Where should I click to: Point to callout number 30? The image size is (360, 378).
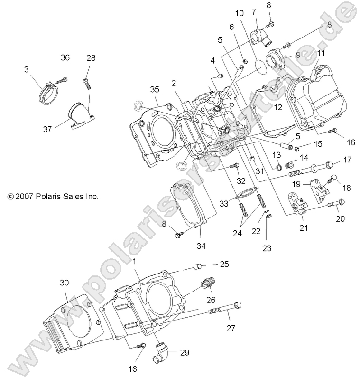(64, 283)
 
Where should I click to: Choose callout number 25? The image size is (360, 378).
(224, 264)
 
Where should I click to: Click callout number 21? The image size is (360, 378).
(304, 227)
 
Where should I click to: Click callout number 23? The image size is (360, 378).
(267, 247)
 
